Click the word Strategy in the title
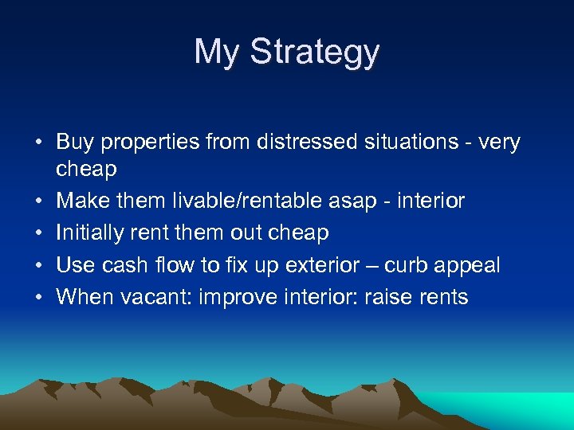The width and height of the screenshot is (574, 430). point(315,53)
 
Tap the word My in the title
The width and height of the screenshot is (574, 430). point(217,53)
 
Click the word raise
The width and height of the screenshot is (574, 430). point(392,297)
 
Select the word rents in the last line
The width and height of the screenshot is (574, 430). point(446,298)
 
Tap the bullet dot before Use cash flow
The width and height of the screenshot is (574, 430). point(37,265)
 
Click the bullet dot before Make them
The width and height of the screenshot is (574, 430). point(37,201)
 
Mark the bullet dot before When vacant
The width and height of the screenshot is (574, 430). point(37,298)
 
